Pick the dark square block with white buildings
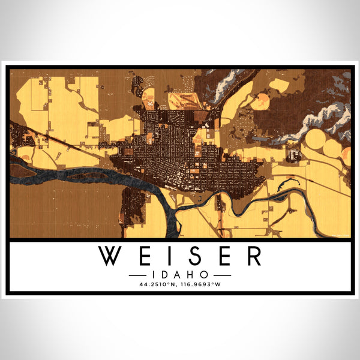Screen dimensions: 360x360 [x=294, y=155]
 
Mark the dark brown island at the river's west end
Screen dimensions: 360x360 [x=22, y=170]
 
